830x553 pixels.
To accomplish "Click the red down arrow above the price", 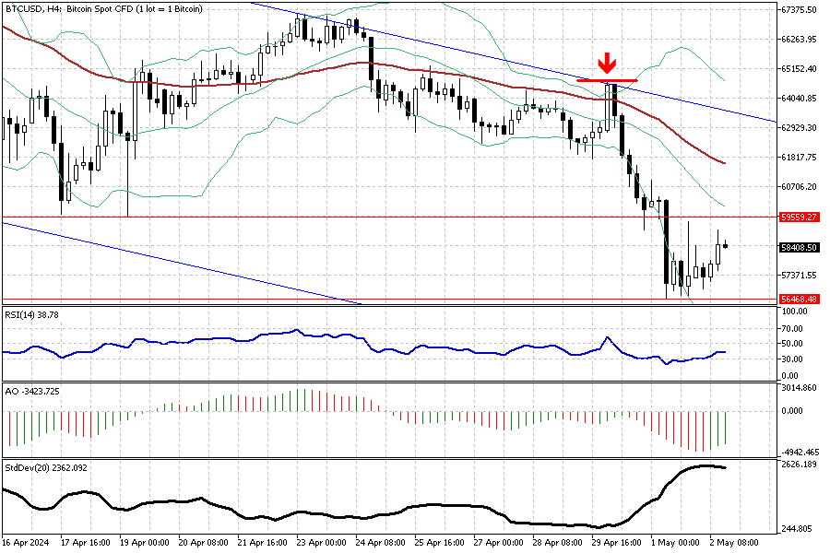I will pyautogui.click(x=606, y=64).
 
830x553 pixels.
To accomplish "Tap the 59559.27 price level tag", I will pyautogui.click(x=800, y=218).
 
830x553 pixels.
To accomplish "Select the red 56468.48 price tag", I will pyautogui.click(x=800, y=299).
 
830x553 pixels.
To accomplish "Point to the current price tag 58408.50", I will pyautogui.click(x=800, y=247).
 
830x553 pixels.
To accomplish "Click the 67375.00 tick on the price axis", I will pyautogui.click(x=800, y=10).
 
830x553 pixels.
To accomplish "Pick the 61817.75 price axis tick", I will pyautogui.click(x=800, y=158).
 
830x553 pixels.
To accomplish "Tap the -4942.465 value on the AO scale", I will pyautogui.click(x=800, y=452).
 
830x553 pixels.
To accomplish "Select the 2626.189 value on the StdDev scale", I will pyautogui.click(x=800, y=465).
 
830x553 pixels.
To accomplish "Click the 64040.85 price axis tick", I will pyautogui.click(x=800, y=99).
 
